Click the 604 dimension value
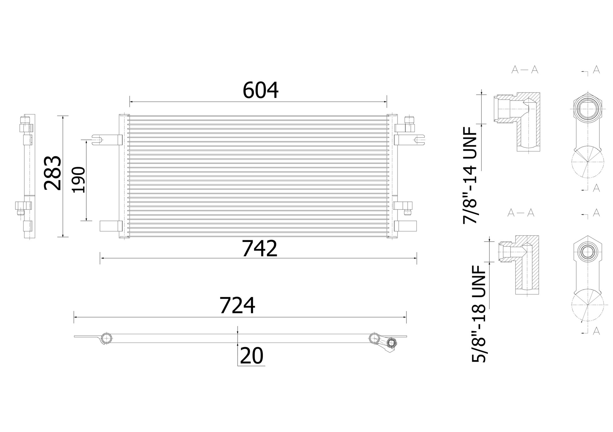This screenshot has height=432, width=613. (260, 90)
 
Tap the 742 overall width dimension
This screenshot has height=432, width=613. (259, 249)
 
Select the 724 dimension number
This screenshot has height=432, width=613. (237, 306)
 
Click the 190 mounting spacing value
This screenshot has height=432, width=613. (78, 180)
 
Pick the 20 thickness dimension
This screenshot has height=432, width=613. (251, 356)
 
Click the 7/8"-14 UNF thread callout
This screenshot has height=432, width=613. (470, 175)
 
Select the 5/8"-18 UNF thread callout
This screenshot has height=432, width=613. (479, 314)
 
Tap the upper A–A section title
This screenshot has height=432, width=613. (524, 70)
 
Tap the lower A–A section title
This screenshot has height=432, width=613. (521, 213)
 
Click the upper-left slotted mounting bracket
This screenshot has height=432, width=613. (106, 140)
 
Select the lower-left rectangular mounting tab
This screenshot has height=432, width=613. (111, 226)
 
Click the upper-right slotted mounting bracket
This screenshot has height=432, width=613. (409, 140)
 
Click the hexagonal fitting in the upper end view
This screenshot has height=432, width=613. (587, 110)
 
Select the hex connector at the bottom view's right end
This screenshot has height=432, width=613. (391, 343)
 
